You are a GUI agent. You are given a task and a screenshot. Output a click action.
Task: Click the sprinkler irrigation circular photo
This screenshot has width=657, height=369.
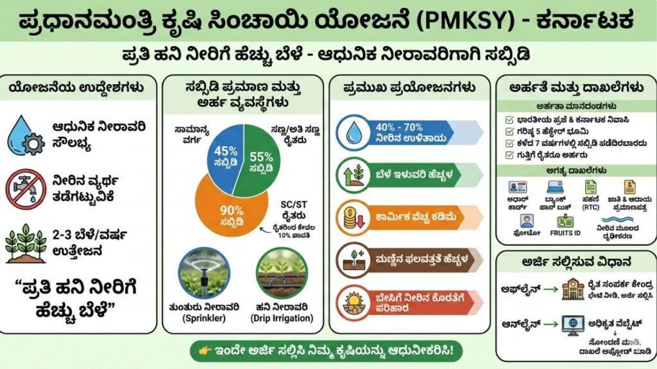click(x=205, y=273)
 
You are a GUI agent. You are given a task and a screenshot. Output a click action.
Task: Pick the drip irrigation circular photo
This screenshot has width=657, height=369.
click(x=284, y=273)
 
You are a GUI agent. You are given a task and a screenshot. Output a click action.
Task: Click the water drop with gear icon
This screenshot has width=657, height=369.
click(x=24, y=135)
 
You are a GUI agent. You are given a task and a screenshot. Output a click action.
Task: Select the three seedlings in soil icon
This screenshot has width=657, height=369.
click(x=25, y=243)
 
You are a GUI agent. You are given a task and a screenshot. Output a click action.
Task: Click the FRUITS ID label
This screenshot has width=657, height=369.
click(x=565, y=233)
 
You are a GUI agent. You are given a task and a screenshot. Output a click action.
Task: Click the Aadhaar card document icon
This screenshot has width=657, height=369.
click(x=518, y=187)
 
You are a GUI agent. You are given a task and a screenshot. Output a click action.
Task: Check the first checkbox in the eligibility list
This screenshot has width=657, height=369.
click(x=509, y=119)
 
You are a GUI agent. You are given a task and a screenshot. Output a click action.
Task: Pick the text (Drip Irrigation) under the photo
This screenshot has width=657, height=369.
click(x=284, y=318)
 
